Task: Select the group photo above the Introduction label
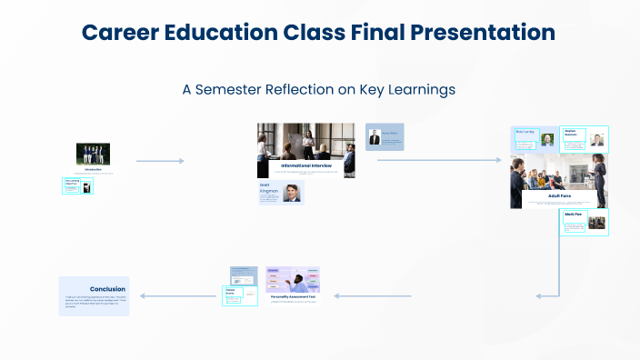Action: click(x=93, y=154)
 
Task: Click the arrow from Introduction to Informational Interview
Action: click(x=160, y=161)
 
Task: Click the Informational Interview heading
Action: click(x=305, y=165)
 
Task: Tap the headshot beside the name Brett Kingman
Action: click(x=291, y=193)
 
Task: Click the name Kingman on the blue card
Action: click(x=269, y=192)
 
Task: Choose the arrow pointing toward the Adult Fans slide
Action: click(x=438, y=160)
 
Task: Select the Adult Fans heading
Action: click(x=559, y=195)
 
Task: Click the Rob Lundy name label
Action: click(x=525, y=132)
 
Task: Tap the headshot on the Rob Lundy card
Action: click(x=547, y=140)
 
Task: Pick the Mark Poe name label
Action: click(x=574, y=215)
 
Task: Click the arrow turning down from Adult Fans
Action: click(x=557, y=273)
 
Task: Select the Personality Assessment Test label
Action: click(x=293, y=295)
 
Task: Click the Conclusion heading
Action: click(x=107, y=289)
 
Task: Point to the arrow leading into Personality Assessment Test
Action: click(x=373, y=295)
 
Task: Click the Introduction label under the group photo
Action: click(x=93, y=169)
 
